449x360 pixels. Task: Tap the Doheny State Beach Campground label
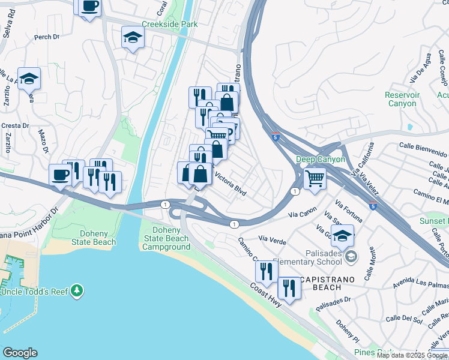pos(171,238)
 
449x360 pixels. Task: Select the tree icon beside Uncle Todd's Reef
pos(76,292)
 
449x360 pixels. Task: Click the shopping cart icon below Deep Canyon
pos(315,178)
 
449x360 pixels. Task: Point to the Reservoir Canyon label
pos(401,99)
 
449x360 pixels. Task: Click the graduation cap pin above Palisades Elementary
pos(342,236)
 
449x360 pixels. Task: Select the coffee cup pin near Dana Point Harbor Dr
pos(60,175)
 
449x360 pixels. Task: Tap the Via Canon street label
pos(302,212)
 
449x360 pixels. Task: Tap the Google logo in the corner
pos(20,353)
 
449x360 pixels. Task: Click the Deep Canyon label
pos(321,159)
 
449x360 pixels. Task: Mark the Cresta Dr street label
pos(16,125)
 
